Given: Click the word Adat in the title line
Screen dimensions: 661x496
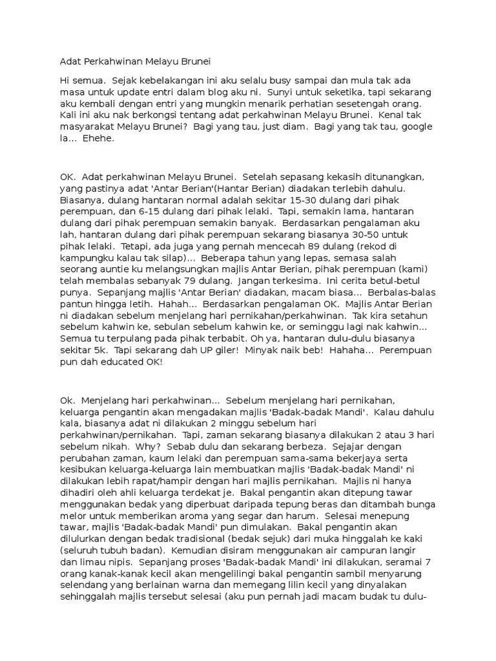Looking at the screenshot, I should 70,62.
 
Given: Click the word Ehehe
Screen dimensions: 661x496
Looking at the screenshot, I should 99,137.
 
